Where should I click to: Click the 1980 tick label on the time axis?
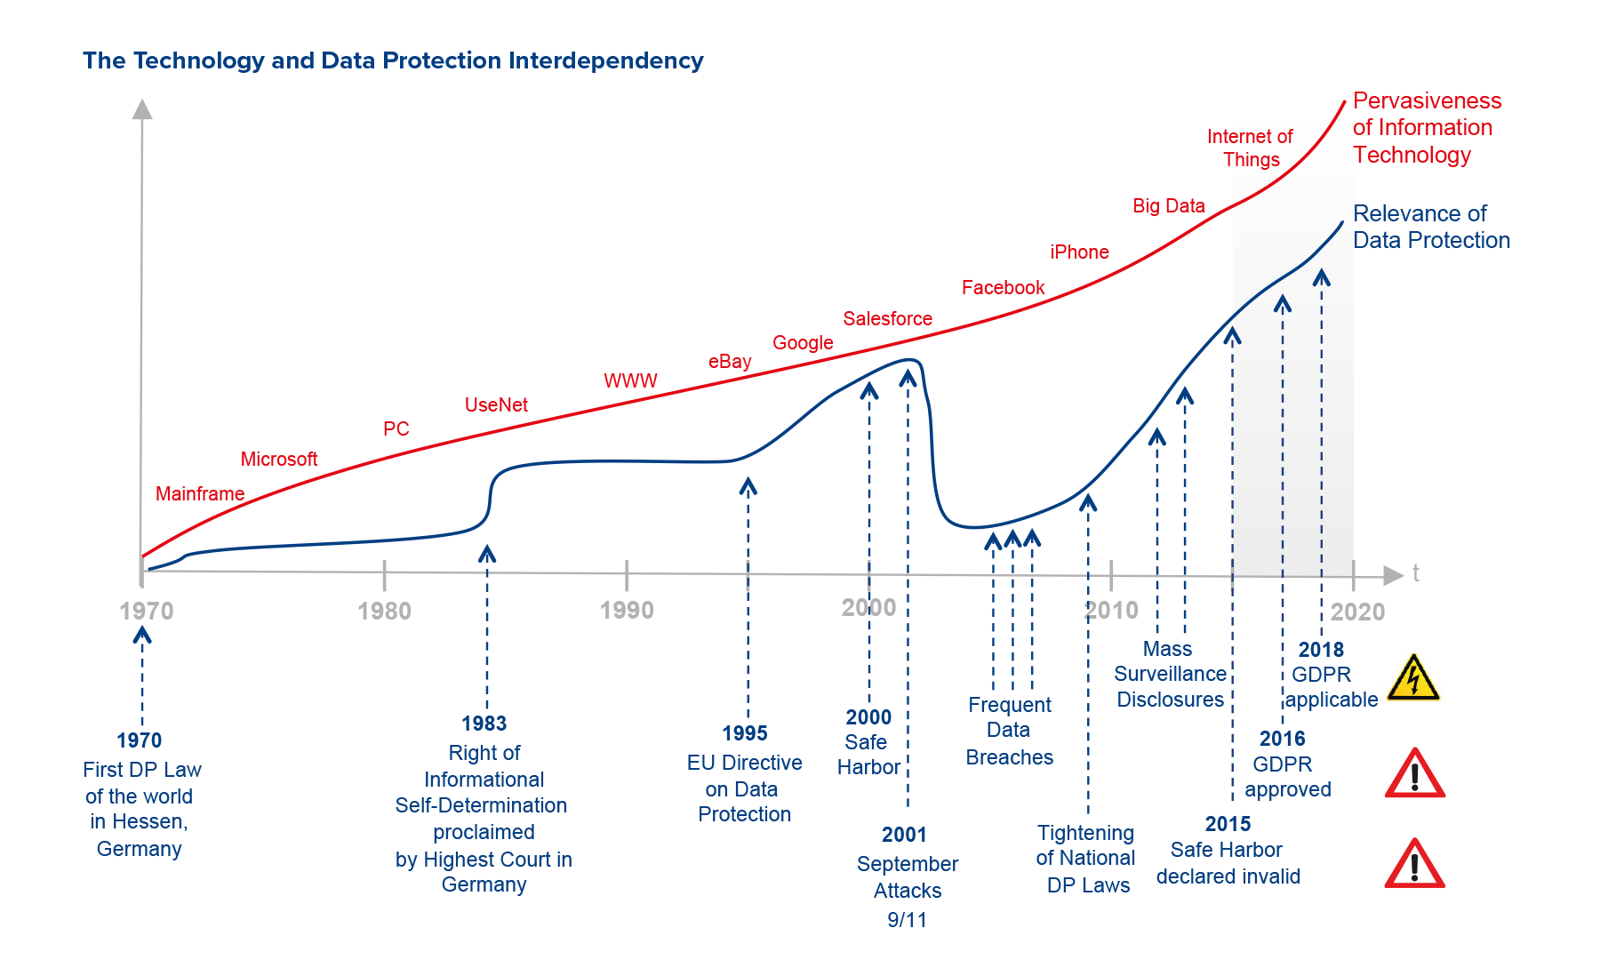384,611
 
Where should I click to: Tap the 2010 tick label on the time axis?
1111,610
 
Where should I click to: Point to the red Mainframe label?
200,493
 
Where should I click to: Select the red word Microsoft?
279,459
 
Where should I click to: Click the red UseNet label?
496,404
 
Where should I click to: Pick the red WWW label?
630,380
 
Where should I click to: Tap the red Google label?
803,342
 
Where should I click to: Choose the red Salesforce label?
887,318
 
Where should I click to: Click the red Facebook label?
1003,287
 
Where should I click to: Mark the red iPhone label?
1079,252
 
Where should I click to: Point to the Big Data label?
1168,205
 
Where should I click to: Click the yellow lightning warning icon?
1413,677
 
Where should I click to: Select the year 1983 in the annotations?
484,724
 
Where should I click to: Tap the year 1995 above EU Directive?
744,733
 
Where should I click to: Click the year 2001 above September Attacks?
904,835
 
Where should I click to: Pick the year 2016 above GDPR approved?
1282,739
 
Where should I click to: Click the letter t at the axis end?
1416,573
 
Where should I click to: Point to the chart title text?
393,60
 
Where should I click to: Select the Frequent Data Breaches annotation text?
1010,731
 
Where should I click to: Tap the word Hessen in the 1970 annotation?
158,821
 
